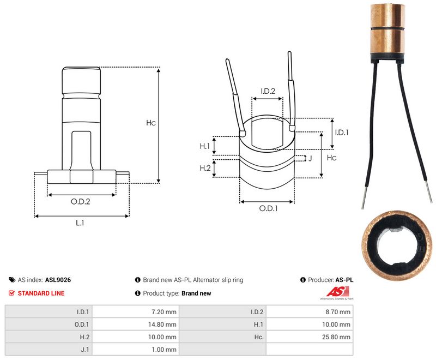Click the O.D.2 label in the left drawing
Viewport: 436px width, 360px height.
[80, 201]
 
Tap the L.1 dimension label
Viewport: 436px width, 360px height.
[80, 223]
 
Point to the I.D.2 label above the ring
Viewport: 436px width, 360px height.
[268, 91]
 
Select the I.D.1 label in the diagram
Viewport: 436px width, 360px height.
[342, 133]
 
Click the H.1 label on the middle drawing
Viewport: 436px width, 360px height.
[205, 146]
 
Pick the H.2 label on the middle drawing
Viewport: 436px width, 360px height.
[205, 168]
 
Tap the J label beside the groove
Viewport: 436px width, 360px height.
[310, 158]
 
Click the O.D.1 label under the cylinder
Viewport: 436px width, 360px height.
[268, 208]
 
